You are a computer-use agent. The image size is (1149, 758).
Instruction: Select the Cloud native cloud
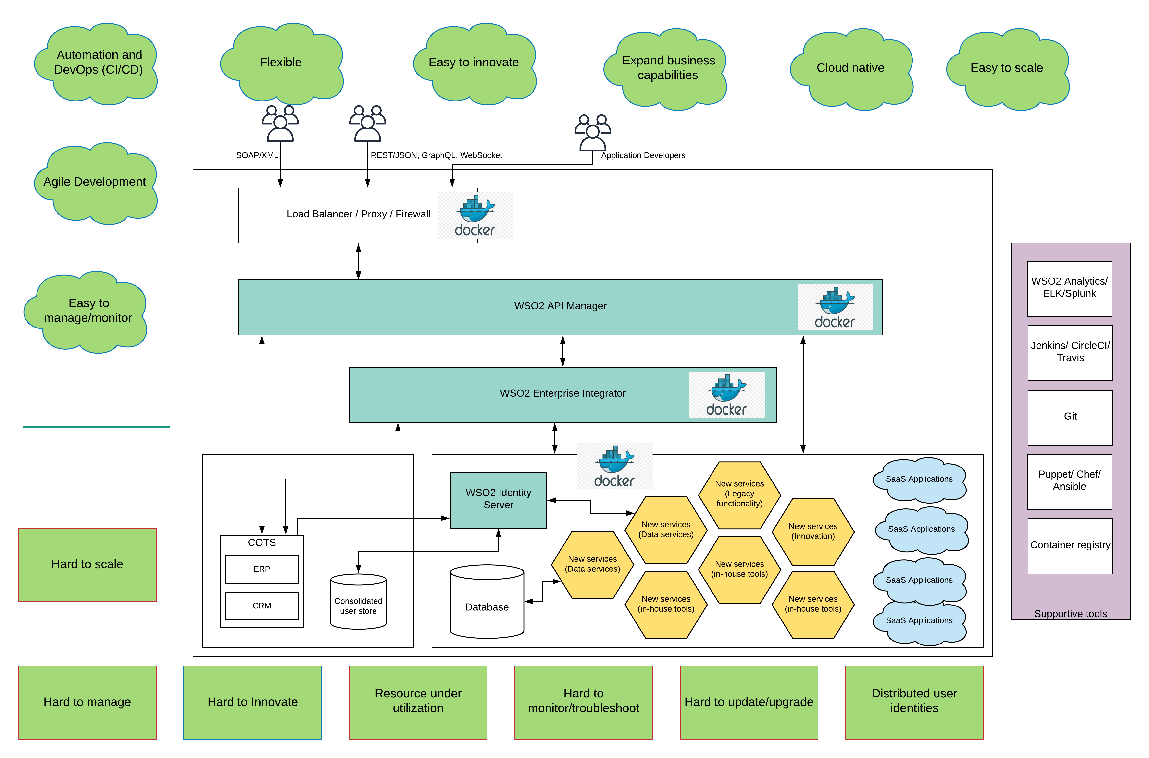coord(850,68)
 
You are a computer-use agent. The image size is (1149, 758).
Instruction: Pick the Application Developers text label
coord(643,155)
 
